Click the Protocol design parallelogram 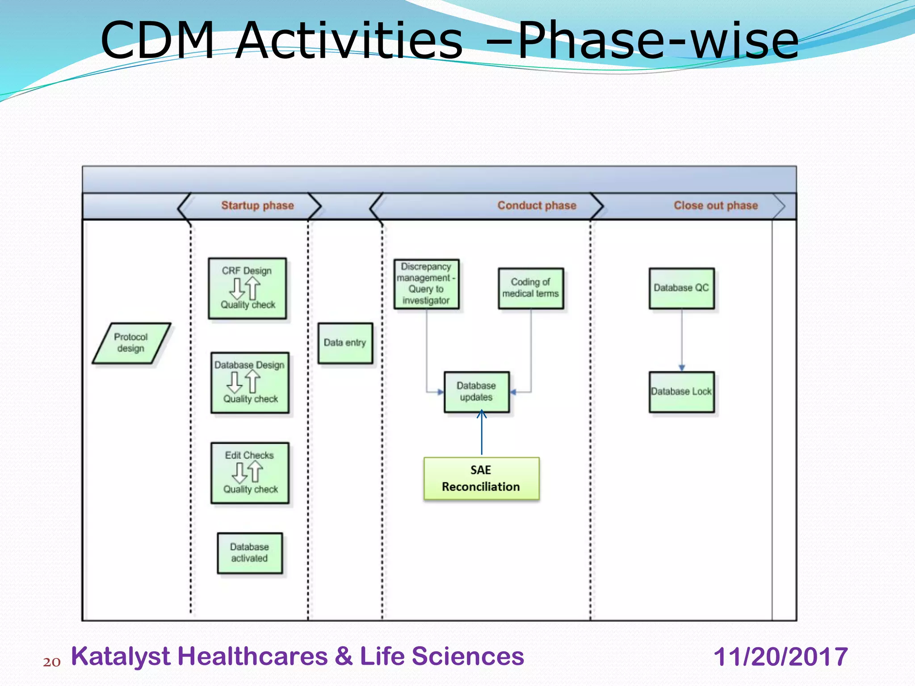click(x=131, y=343)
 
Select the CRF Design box click(x=247, y=288)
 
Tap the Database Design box click(x=250, y=382)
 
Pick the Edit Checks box click(x=250, y=473)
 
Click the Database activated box click(x=250, y=552)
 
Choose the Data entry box click(x=345, y=343)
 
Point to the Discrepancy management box click(x=426, y=284)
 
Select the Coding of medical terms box click(x=531, y=288)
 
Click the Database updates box click(x=476, y=392)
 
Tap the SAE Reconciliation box click(x=481, y=478)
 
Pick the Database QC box click(x=681, y=288)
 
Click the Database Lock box click(x=681, y=392)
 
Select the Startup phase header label click(x=257, y=205)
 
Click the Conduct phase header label click(x=537, y=205)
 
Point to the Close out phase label click(x=716, y=205)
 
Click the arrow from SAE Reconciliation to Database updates click(x=482, y=433)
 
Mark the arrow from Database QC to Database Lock click(x=682, y=339)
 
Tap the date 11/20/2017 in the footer click(x=781, y=657)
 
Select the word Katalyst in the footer click(x=121, y=657)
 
